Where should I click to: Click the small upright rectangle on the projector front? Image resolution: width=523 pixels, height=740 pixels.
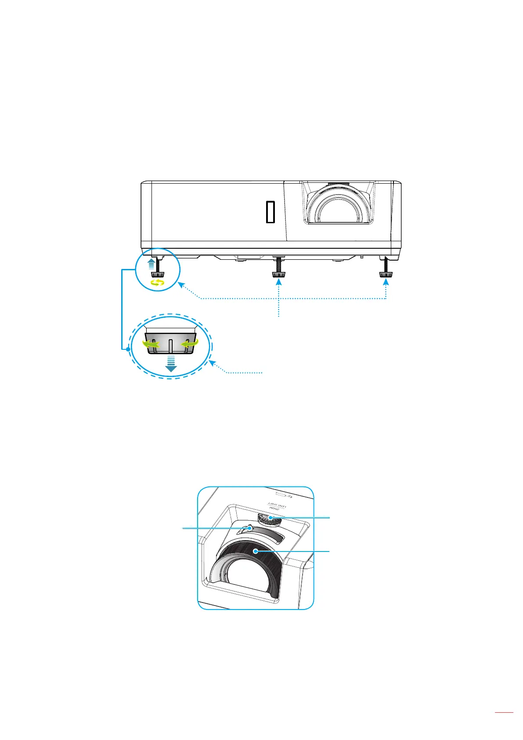[x=270, y=212]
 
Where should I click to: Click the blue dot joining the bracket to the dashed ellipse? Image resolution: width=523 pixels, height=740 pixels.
[x=128, y=350]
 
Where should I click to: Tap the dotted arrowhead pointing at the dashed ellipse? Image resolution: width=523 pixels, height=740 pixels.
[x=212, y=363]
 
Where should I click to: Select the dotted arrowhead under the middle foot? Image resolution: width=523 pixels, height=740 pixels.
[x=279, y=284]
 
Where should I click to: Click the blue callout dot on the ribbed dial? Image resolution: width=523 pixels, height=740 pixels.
[x=271, y=518]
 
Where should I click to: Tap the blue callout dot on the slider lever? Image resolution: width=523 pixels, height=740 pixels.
[x=250, y=529]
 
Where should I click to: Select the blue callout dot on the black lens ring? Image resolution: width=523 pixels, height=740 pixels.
[x=255, y=551]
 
